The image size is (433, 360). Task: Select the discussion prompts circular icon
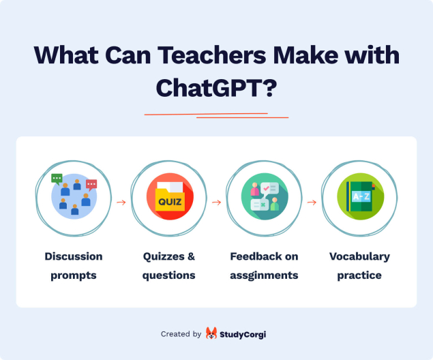tap(74, 196)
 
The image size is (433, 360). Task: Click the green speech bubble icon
tap(57, 179)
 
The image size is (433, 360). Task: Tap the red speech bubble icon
tap(91, 184)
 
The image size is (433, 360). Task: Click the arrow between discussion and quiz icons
tap(121, 202)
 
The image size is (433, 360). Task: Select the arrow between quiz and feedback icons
tap(217, 202)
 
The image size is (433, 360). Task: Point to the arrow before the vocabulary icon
tap(312, 202)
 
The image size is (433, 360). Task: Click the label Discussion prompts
tap(74, 266)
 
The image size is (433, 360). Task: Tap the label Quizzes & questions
tap(169, 266)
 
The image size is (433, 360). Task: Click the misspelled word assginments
tap(264, 275)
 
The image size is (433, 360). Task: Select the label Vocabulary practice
tap(359, 266)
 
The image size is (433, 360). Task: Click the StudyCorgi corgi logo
tap(212, 334)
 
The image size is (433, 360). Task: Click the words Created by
tap(181, 334)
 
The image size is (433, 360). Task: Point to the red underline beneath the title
tap(215, 115)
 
